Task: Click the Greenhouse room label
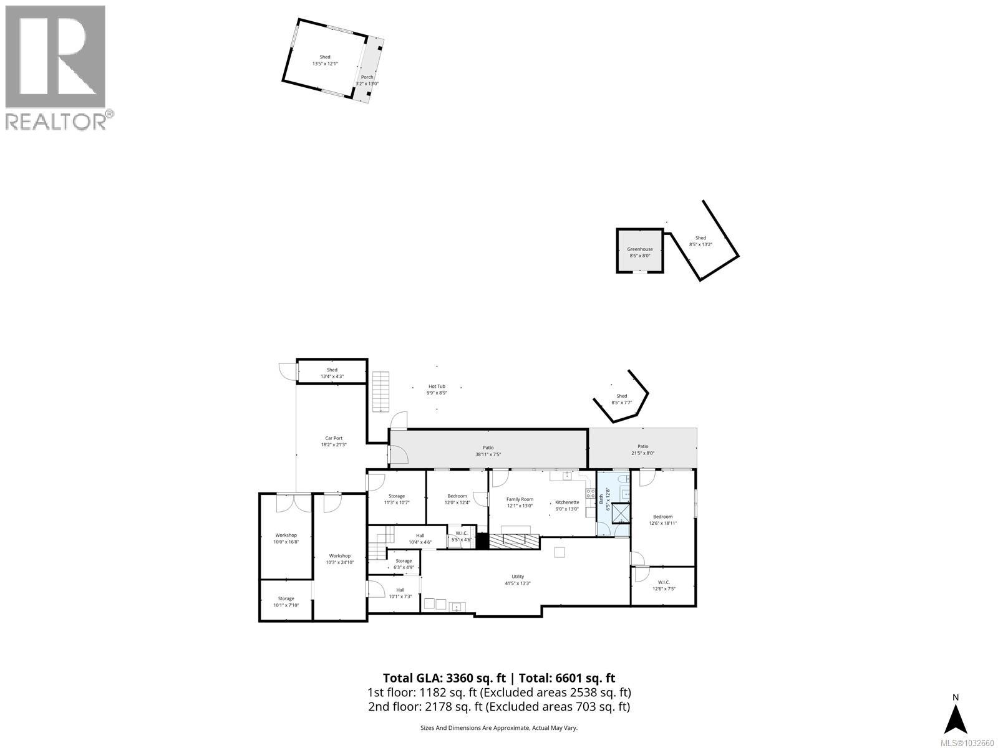point(639,249)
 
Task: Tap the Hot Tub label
point(437,386)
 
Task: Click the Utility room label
point(518,577)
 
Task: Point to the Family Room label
point(520,499)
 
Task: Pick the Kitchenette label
point(567,502)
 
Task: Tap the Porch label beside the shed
point(367,77)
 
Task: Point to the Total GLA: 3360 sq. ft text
point(445,678)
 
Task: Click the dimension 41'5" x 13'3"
point(518,583)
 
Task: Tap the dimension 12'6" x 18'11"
point(663,524)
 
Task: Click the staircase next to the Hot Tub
point(380,391)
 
